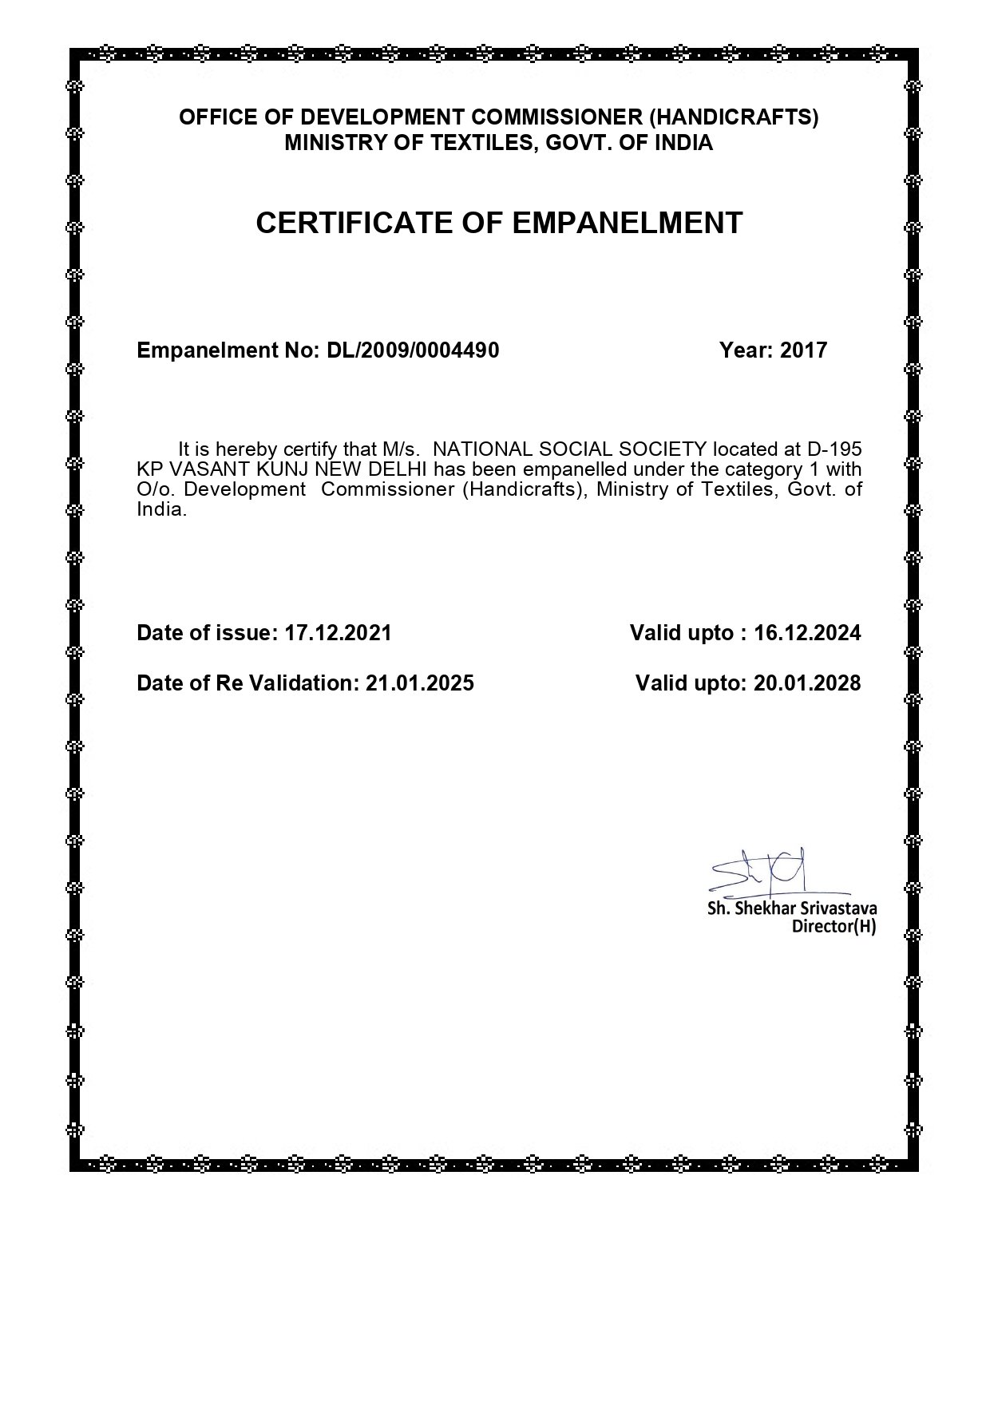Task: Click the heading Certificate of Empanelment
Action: point(499,223)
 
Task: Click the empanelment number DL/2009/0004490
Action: point(413,350)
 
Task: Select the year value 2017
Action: point(803,350)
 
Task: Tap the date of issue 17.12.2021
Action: point(338,633)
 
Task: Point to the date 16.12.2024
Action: point(807,633)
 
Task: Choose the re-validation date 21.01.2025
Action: point(419,683)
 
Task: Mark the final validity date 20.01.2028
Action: point(807,683)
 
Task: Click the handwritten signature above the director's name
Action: point(762,872)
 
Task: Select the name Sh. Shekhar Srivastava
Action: point(792,908)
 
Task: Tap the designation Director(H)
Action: point(834,927)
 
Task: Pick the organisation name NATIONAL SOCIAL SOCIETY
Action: point(569,449)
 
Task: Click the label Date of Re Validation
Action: point(247,683)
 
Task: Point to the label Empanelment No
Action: point(228,350)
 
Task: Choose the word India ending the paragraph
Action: point(160,509)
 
